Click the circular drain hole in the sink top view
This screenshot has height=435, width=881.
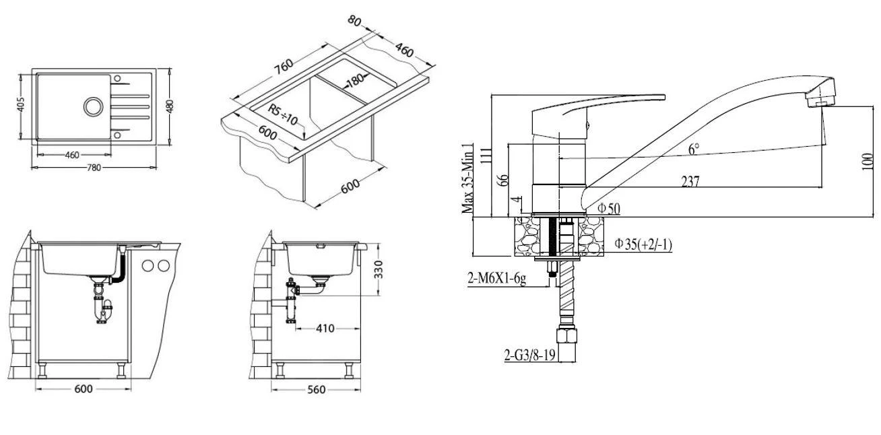[x=92, y=106]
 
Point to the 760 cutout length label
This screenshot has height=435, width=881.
[x=283, y=65]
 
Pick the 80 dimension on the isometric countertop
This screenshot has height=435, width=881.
[x=354, y=21]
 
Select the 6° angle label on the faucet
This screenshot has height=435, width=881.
[x=693, y=149]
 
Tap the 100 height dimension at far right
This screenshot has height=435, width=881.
[x=869, y=162]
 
